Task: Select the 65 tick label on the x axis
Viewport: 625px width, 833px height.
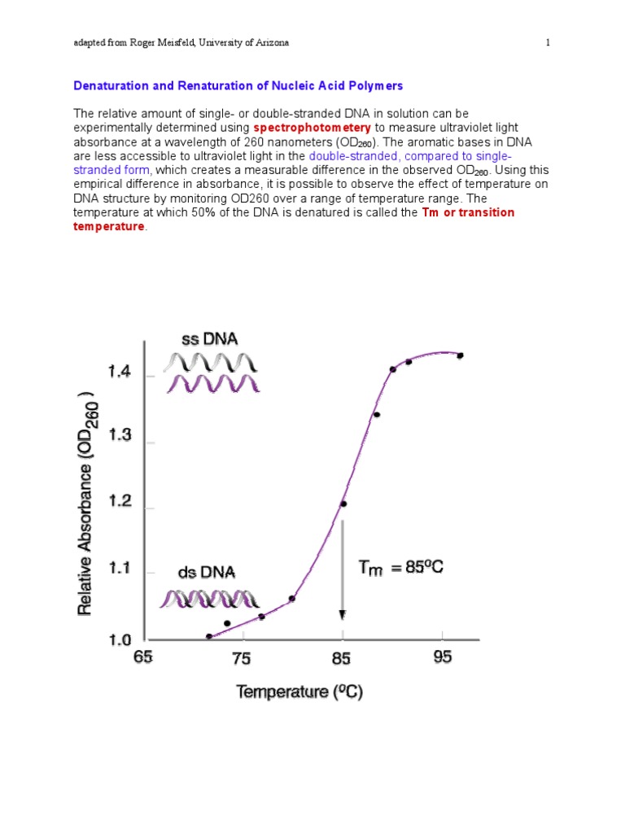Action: click(143, 657)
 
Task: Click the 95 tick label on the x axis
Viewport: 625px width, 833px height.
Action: click(443, 657)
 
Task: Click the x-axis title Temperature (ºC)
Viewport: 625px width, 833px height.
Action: click(300, 692)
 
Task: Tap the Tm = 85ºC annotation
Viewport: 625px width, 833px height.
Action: click(401, 568)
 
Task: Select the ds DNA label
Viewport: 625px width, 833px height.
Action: click(208, 573)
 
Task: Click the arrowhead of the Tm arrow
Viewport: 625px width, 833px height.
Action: click(343, 616)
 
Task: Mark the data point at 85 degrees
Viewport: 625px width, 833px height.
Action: click(343, 504)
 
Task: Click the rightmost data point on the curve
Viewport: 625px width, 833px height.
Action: click(460, 355)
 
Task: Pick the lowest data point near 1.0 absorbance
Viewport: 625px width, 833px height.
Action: click(209, 636)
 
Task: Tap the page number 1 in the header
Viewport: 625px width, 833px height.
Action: click(549, 43)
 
